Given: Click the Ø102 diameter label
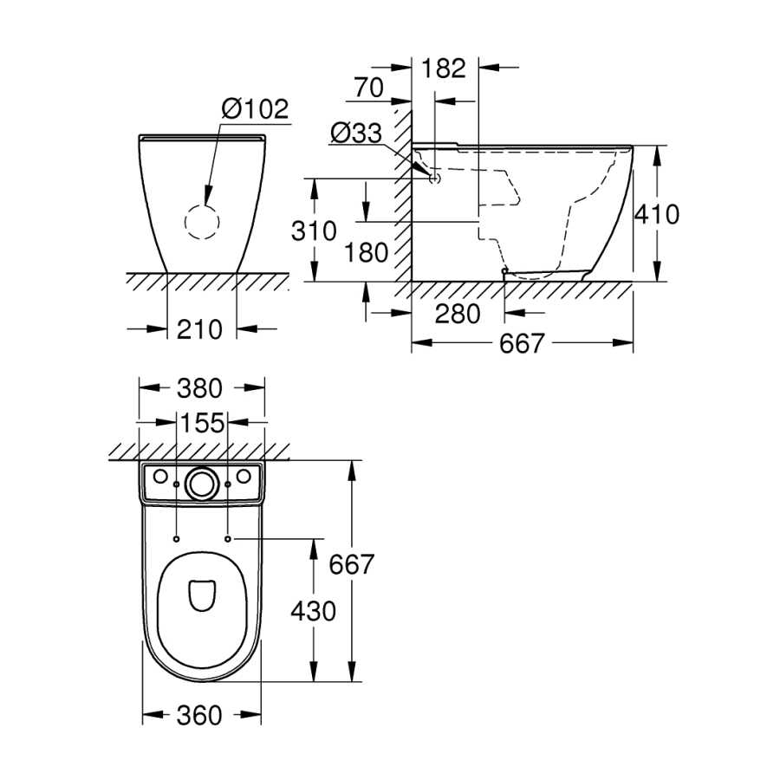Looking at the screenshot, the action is tap(255, 108).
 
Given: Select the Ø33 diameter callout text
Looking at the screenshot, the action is tap(356, 133).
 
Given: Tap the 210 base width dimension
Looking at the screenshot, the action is tap(199, 329).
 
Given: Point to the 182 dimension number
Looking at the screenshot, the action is tap(444, 68).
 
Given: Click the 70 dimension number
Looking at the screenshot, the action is tap(368, 88).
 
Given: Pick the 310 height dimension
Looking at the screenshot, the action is tap(314, 231).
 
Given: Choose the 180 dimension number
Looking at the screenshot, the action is tap(366, 253).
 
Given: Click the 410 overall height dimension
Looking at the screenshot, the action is tap(657, 214).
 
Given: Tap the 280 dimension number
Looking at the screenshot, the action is tap(458, 314).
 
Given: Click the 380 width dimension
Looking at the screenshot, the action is tap(199, 388).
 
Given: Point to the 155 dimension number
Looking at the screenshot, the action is tap(202, 423).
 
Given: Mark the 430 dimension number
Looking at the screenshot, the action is tap(314, 611).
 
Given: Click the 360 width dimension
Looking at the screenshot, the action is tap(199, 716).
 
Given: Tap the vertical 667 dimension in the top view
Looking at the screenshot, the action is tap(351, 564).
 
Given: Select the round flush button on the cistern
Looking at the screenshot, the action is tap(202, 484).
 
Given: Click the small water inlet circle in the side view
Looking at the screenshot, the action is tap(435, 178).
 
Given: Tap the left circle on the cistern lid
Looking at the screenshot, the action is tap(160, 476).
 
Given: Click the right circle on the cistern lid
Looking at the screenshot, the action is tap(244, 476).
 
